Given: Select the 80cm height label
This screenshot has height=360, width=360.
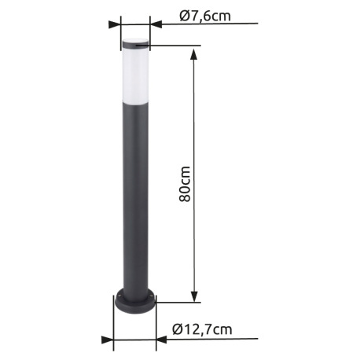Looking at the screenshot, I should [x=186, y=183].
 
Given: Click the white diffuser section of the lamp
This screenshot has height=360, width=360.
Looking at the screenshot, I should [x=134, y=75].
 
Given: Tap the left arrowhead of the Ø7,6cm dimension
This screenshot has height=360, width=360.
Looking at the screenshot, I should [x=116, y=24].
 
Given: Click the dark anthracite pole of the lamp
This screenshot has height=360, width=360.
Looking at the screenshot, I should [x=134, y=197].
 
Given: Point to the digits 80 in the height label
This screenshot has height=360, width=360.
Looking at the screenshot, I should [x=186, y=193].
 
